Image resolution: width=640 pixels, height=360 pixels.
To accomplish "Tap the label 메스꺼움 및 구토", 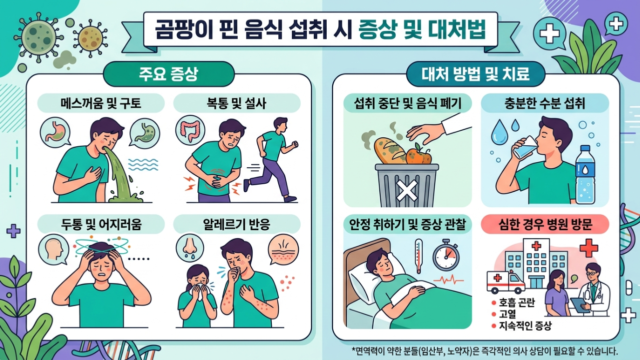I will [x=101, y=103].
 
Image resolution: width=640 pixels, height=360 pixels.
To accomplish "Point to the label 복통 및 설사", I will [x=237, y=103].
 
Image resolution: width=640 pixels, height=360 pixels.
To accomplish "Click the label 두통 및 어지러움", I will [x=101, y=225].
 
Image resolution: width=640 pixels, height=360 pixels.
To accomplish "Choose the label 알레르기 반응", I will [x=237, y=225].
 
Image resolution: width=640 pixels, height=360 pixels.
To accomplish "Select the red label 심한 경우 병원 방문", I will [x=545, y=225].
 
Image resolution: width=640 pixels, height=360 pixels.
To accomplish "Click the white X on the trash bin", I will [x=407, y=190].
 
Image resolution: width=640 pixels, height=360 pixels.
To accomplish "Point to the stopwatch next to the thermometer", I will [x=445, y=256].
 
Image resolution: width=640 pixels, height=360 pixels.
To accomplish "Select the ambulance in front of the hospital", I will [x=506, y=282].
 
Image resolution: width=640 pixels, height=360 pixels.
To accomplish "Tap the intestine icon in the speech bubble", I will [x=190, y=131].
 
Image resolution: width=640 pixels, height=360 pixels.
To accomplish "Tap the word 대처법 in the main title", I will [x=457, y=31].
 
